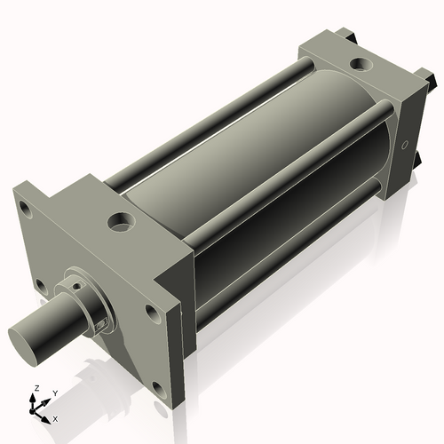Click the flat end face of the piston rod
click(x=24, y=340)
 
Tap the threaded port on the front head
click(x=120, y=219)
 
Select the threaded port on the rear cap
click(x=361, y=64)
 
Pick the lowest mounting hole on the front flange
click(x=158, y=387)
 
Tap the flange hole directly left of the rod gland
click(x=39, y=286)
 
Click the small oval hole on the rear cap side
click(x=406, y=144)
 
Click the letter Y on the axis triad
click(x=54, y=392)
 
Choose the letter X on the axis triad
click(x=55, y=417)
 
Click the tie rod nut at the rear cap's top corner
click(x=342, y=36)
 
